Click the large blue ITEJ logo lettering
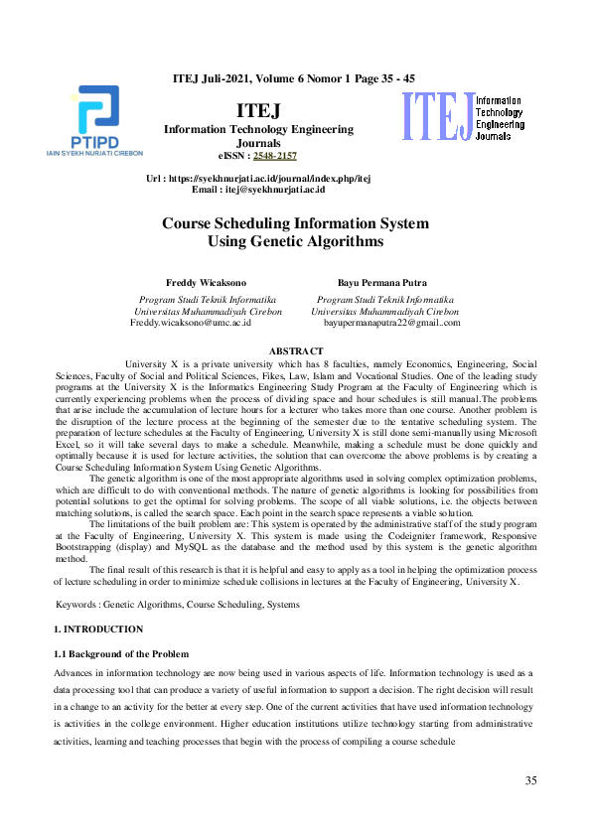coord(435,116)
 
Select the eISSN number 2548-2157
coord(274,156)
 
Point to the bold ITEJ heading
coord(258,110)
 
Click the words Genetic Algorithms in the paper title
coord(316,241)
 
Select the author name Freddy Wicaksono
coord(207,283)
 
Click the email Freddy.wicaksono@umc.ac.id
coord(191,323)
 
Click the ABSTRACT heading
coord(295,351)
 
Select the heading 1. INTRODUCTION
coord(97,629)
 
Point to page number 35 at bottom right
coord(531,781)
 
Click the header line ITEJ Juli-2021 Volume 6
coord(294,77)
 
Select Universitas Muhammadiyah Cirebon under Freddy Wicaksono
coord(208,311)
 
